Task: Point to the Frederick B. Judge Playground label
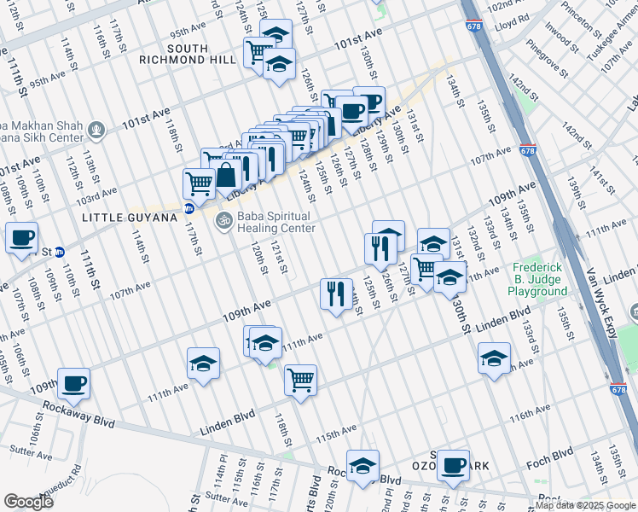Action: tap(537, 280)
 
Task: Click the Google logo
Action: tap(29, 502)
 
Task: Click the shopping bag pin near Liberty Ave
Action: tap(226, 177)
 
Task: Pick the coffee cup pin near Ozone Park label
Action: tap(454, 464)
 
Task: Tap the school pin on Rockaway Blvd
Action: tap(362, 465)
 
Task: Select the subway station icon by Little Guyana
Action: tap(189, 207)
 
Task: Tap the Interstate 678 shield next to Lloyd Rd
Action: tap(473, 26)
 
